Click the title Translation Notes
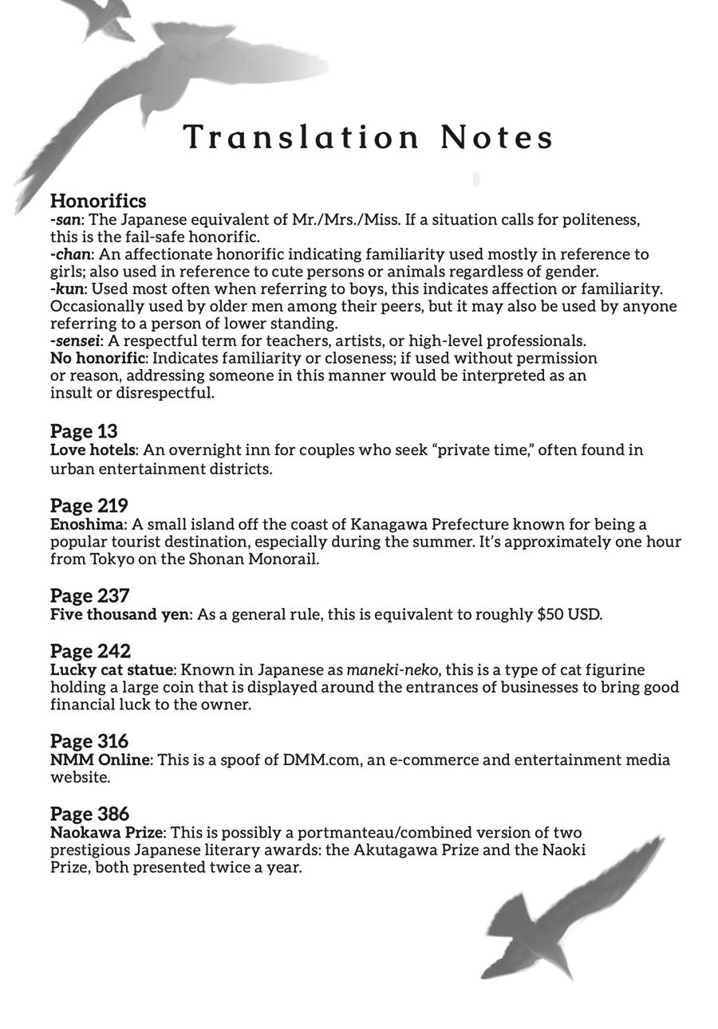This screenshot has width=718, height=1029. tap(369, 137)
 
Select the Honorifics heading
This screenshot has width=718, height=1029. tap(98, 201)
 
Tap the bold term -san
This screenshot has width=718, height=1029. tap(65, 220)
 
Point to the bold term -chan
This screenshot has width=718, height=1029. tap(70, 254)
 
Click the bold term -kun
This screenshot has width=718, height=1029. tap(67, 289)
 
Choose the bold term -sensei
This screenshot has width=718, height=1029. tap(75, 341)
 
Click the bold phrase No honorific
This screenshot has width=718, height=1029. tap(97, 358)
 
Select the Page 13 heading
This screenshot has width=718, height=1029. tap(84, 431)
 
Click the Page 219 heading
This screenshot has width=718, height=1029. tap(89, 505)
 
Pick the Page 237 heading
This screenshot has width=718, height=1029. tap(89, 595)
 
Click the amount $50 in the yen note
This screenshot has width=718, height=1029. tap(550, 615)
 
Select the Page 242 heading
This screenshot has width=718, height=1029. tap(90, 651)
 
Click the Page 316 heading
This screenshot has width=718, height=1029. tap(89, 741)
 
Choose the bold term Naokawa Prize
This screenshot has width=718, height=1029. tap(107, 833)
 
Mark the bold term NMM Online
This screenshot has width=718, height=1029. tap(100, 760)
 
